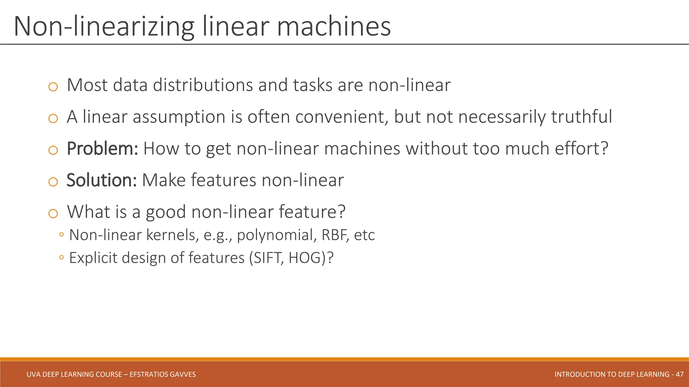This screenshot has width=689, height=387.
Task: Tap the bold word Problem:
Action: pyautogui.click(x=102, y=148)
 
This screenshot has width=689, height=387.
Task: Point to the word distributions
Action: pyautogui.click(x=203, y=85)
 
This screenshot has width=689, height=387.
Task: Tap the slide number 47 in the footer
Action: pyautogui.click(x=679, y=374)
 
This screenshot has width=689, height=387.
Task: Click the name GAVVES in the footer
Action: pyautogui.click(x=183, y=374)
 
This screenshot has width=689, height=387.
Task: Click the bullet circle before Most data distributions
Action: pyautogui.click(x=53, y=87)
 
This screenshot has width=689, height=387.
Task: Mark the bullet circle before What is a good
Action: pyautogui.click(x=53, y=214)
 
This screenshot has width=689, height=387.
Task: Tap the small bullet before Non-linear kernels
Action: pyautogui.click(x=61, y=235)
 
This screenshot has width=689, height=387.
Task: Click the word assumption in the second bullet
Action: pyautogui.click(x=179, y=117)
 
